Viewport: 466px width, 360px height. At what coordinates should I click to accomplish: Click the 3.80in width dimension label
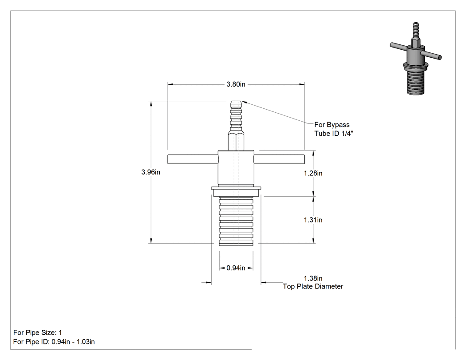point(236,84)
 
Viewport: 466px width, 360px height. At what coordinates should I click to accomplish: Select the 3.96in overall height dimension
point(151,172)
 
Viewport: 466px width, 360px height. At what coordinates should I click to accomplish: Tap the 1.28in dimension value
point(313,173)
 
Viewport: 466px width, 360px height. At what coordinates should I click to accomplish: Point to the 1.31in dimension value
point(313,220)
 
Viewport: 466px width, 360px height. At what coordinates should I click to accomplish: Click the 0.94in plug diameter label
point(236,268)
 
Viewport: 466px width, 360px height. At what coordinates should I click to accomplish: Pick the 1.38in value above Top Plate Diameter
point(313,278)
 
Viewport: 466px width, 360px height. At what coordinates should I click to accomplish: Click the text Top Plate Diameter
point(313,286)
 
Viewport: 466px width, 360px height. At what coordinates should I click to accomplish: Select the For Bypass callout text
point(332,125)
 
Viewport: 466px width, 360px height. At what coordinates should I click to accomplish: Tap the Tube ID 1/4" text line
point(334,134)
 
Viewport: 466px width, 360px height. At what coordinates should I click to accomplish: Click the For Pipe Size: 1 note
point(38,332)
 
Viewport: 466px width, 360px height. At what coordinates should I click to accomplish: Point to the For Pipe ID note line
point(54,342)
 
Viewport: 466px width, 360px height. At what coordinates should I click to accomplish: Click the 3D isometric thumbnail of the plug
point(415,59)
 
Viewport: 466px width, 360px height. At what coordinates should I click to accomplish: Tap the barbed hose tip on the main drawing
point(236,116)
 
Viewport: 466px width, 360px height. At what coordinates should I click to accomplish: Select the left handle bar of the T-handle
point(193,159)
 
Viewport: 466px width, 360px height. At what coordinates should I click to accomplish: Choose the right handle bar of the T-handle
point(279,159)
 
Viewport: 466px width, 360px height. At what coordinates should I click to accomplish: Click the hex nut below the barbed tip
point(236,141)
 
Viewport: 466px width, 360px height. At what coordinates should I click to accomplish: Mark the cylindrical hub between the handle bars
point(236,168)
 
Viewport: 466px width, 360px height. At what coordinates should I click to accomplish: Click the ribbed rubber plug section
point(236,221)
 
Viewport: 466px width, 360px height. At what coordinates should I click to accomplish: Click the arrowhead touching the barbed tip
point(245,103)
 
